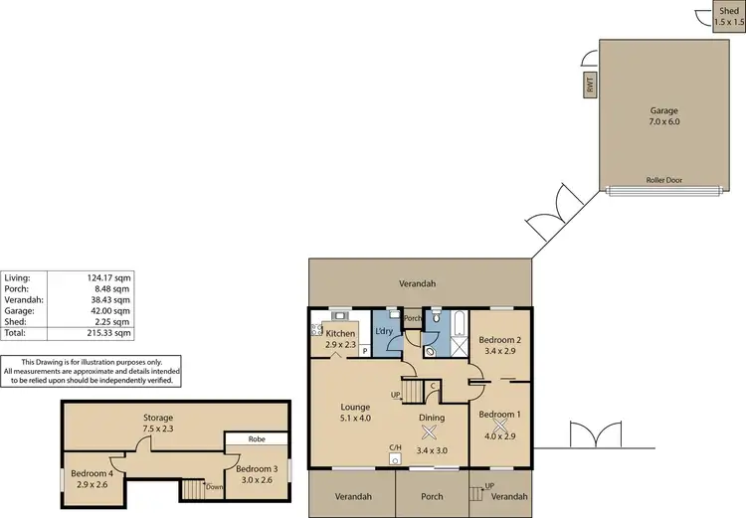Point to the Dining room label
431,419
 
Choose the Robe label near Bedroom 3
256,437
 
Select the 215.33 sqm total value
110,333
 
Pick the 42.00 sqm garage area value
111,311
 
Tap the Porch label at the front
432,496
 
